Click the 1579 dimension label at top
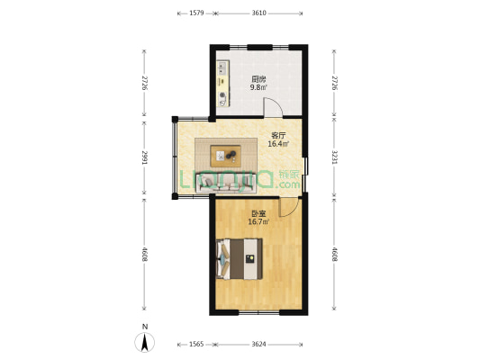coord(196,13)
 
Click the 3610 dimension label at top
coord(259,13)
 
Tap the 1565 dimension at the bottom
coord(196,345)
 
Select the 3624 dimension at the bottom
coord(259,345)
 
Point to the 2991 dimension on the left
coord(144,157)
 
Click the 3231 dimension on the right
coord(334,157)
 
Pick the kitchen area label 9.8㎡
coord(258,87)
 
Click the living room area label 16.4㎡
coord(278,144)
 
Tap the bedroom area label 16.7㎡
coord(258,221)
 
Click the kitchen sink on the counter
coord(222,67)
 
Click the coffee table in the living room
coord(226,156)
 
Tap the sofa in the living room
coord(226,183)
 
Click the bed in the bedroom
coord(240,259)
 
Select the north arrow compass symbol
coord(145,342)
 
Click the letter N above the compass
coord(145,327)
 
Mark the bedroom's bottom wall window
coord(259,312)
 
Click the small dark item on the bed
coord(250,259)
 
